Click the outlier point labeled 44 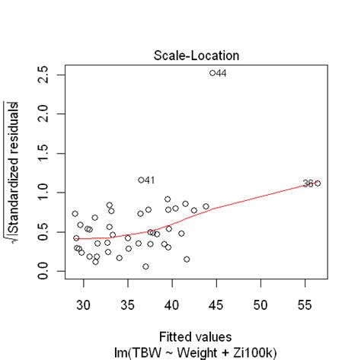coord(212,73)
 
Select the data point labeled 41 coord(142,180)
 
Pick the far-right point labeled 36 coord(318,183)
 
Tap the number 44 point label coord(222,73)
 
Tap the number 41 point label coord(150,180)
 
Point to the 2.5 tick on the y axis coord(48,74)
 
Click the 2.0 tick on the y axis coord(48,113)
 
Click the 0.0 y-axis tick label coord(48,272)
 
